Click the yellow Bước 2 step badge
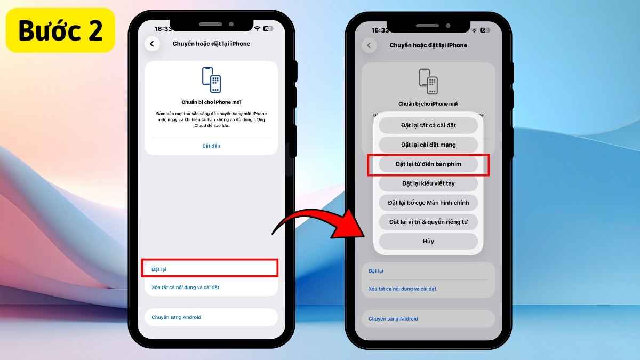60,30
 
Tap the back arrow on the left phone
152,44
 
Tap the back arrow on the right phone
369,45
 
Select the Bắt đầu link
211,146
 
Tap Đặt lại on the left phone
159,269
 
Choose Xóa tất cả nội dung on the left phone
186,287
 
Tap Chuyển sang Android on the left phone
177,317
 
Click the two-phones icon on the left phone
211,79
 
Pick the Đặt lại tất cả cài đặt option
428,125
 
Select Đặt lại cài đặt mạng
428,145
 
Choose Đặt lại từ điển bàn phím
428,164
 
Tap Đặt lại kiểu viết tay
428,183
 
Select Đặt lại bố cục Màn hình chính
428,203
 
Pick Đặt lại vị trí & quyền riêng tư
428,222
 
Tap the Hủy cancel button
428,241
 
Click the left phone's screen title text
211,44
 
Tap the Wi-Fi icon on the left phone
257,29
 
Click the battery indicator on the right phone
485,30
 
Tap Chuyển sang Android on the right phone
393,318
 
